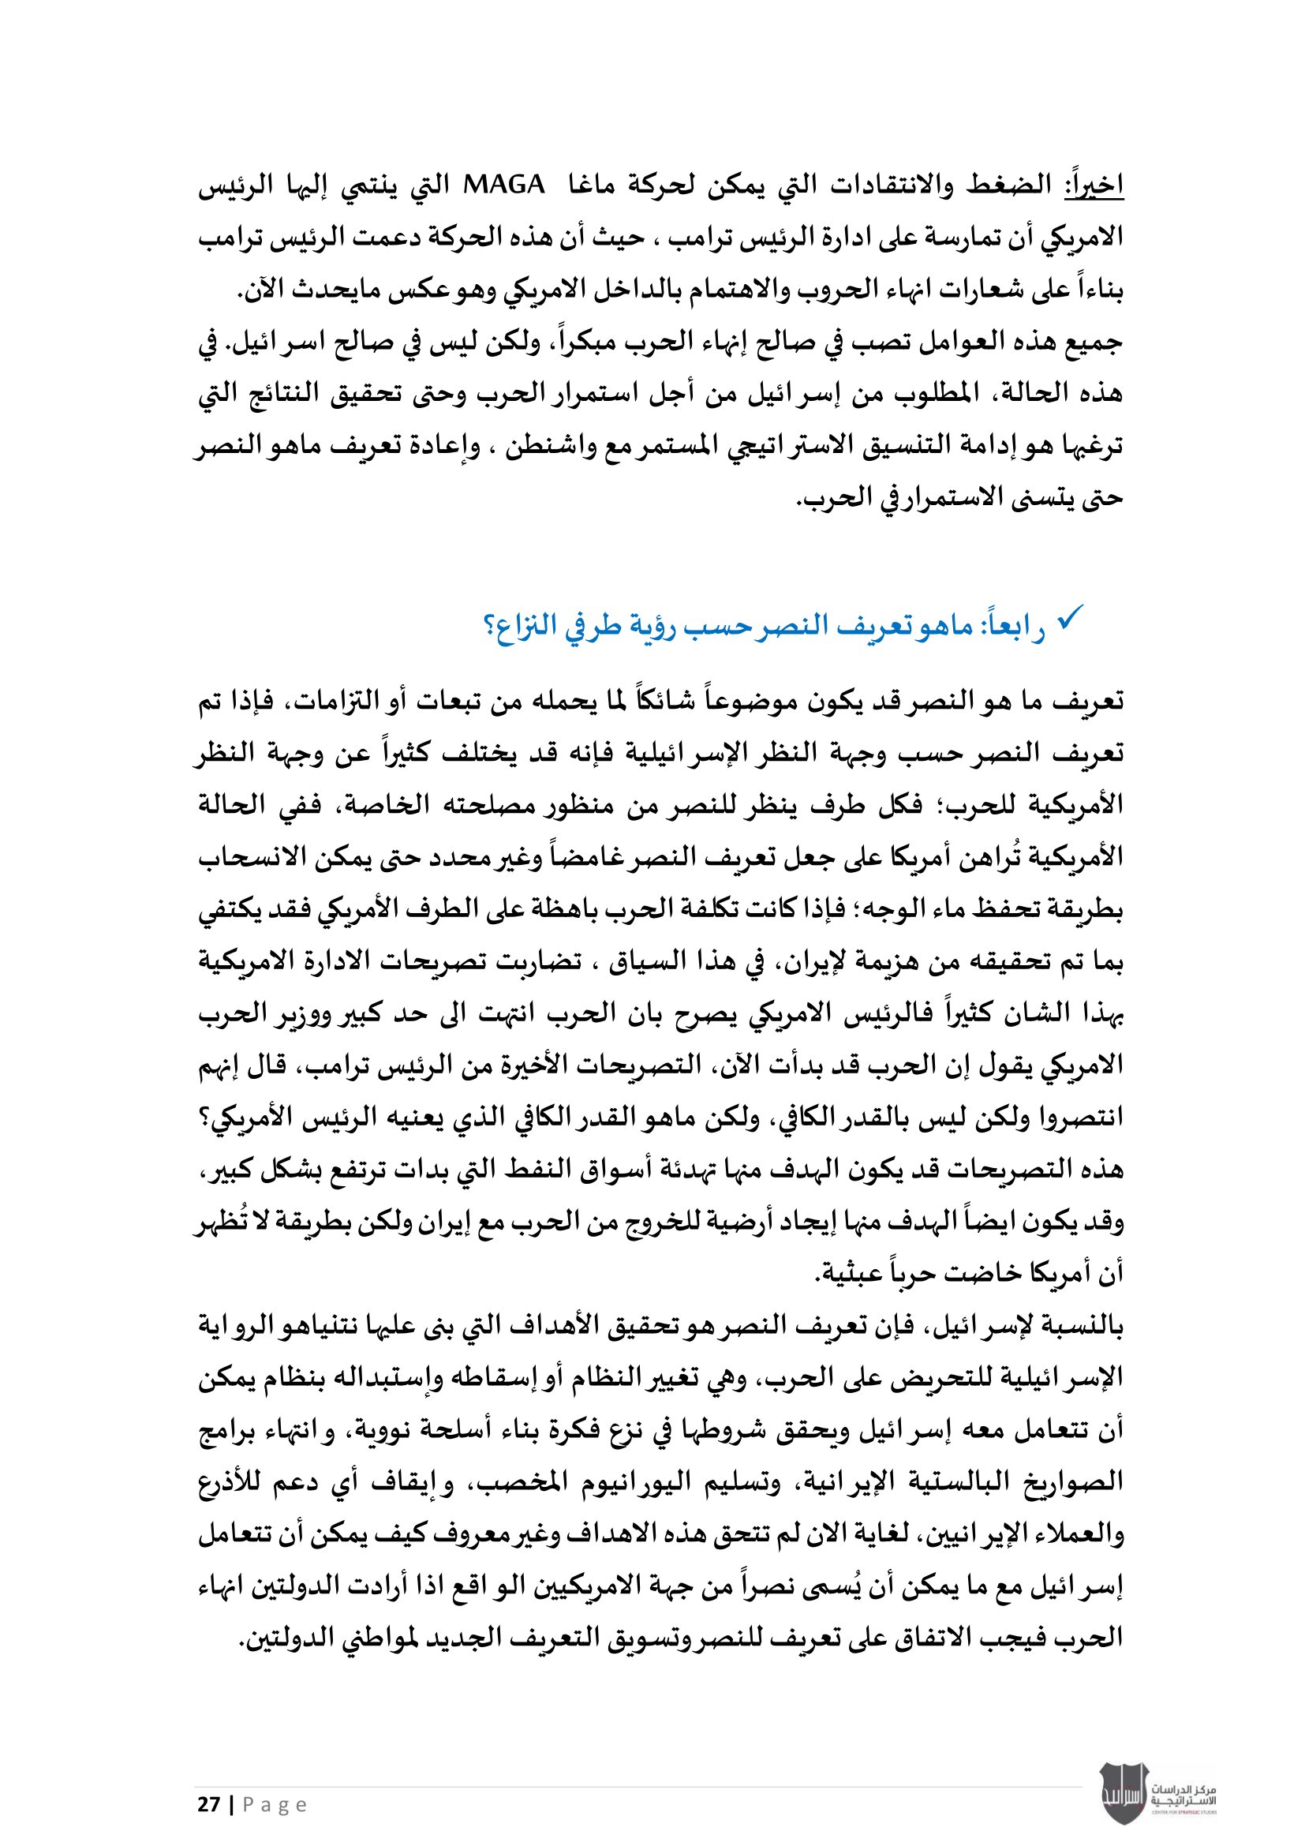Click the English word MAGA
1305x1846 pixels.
(504, 185)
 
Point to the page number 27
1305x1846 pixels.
(209, 1805)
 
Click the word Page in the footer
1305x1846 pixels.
(275, 1805)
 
